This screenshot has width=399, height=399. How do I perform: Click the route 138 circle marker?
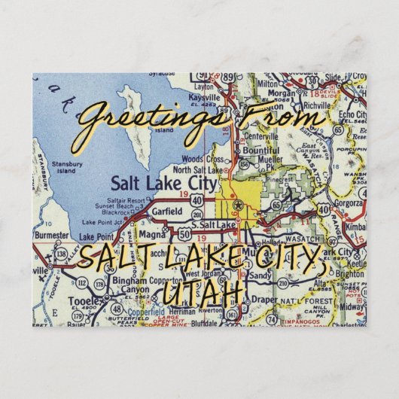coord(60,254)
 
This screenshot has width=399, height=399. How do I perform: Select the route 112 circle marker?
coord(81,283)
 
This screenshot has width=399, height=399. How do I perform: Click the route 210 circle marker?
coord(283,283)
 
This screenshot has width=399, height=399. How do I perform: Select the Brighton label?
coord(343,276)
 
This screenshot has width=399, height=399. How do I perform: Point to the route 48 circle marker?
coord(117,309)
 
